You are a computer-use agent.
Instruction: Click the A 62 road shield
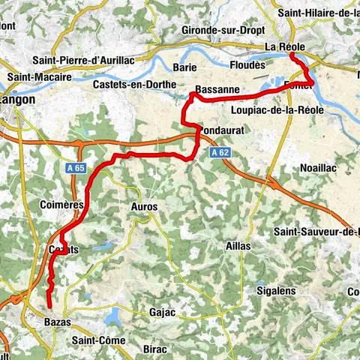(218, 152)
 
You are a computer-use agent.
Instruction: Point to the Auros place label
(144, 206)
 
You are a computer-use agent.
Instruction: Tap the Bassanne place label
(217, 90)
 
